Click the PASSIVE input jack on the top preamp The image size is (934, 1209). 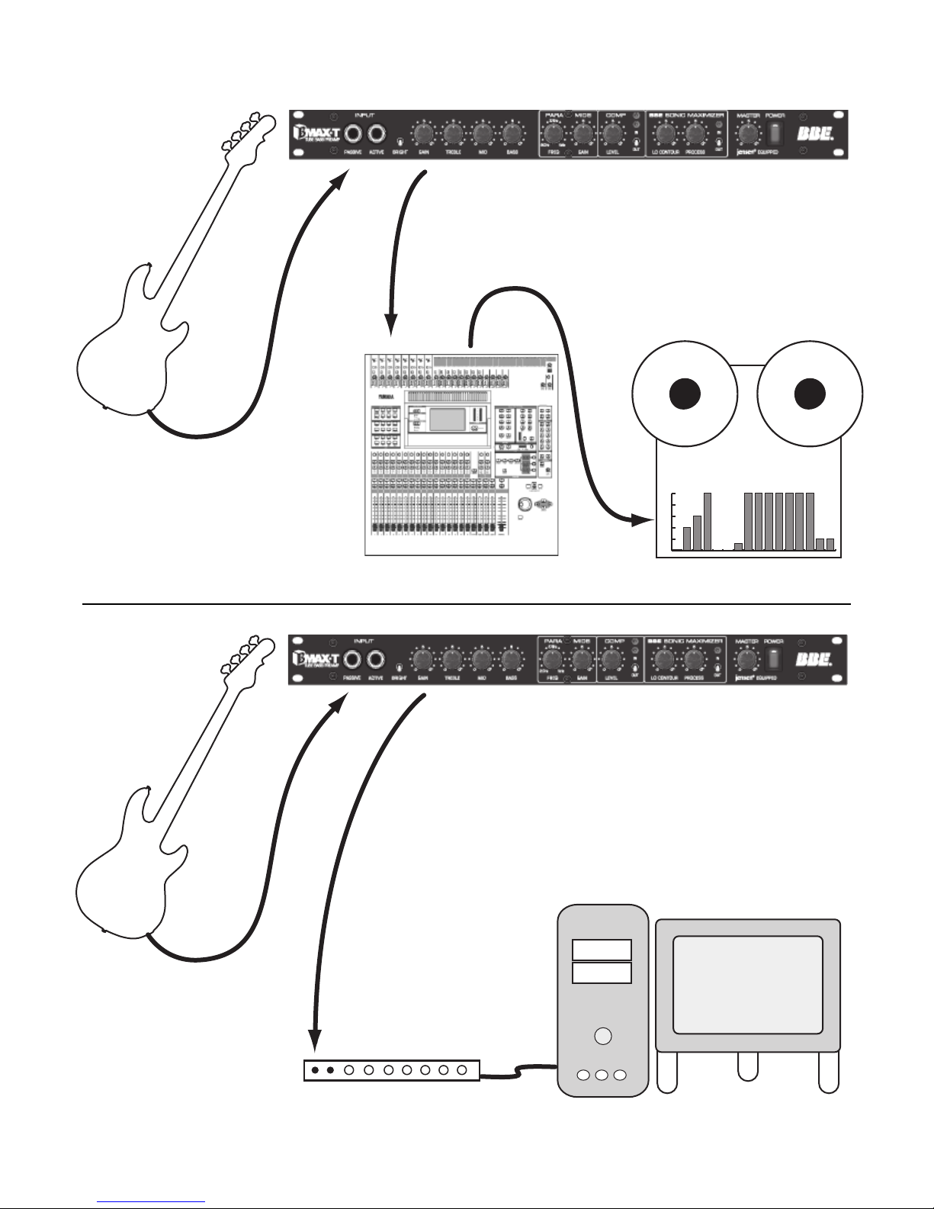352,133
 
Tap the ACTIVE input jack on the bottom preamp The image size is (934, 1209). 376,658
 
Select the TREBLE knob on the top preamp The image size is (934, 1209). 453,134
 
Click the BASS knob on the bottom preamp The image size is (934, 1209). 511,659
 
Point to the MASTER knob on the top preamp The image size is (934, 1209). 748,133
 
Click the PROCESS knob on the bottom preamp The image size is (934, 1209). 694,659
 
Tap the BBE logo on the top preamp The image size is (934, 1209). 814,133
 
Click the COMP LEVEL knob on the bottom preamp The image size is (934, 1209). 611,659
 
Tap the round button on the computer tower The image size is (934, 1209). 602,1036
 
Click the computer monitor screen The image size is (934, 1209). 747,984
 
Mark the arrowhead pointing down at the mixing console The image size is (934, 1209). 390,326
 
